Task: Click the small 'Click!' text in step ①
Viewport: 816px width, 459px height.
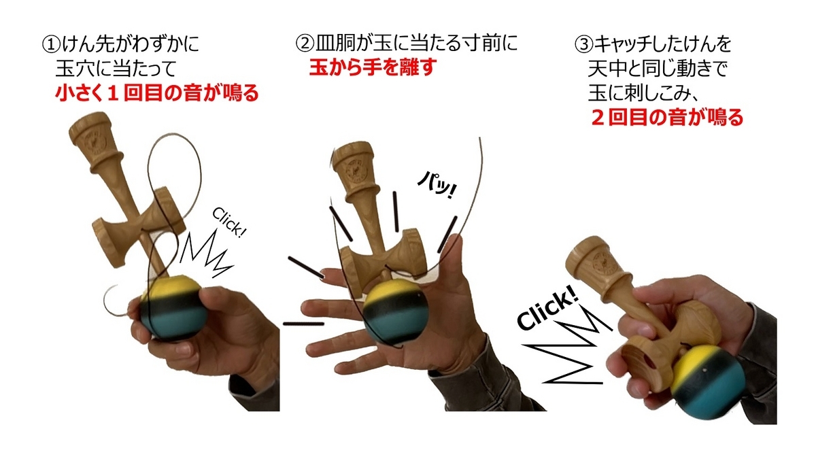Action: coord(229,222)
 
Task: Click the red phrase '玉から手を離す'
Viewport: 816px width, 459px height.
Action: coord(373,67)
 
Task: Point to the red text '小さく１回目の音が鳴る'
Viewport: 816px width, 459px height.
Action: coord(157,92)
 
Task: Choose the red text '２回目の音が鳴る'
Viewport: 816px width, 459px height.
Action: coord(667,117)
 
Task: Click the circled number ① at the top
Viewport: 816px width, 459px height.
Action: coord(52,45)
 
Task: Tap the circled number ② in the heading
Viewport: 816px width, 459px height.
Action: coord(305,44)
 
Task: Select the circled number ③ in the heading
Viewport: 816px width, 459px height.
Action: coord(583,45)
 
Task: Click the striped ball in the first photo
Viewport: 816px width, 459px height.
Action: coord(171,308)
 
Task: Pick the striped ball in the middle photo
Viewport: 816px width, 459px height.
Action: coord(396,313)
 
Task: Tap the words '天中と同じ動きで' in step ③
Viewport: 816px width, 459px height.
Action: coord(658,69)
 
